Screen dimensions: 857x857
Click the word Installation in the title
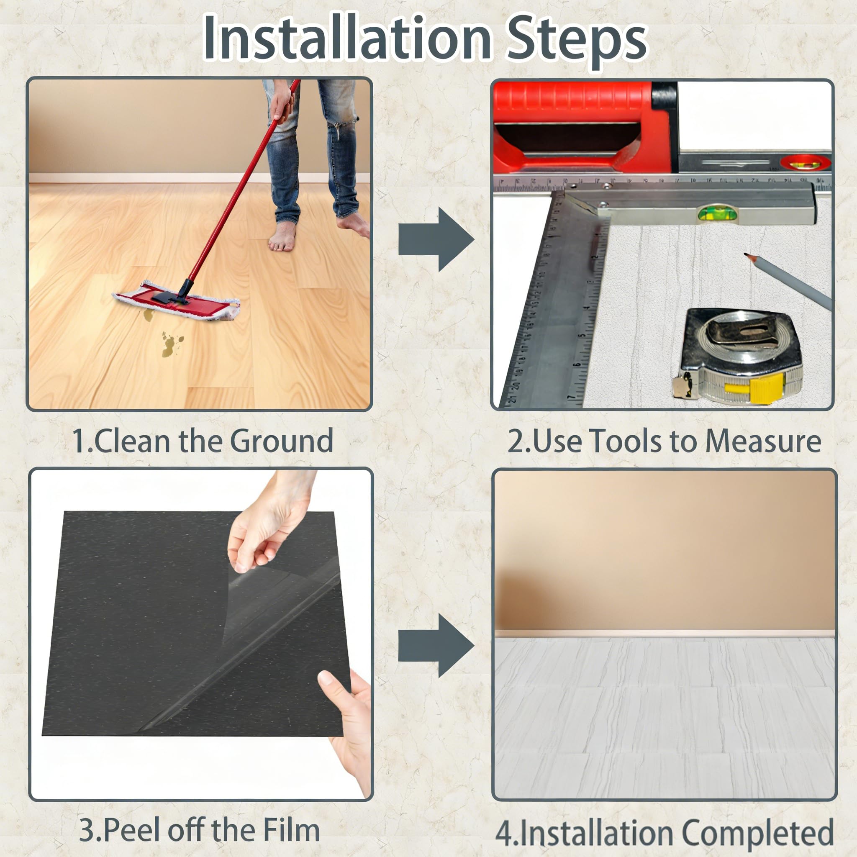[x=347, y=37]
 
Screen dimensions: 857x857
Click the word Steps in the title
[x=577, y=41]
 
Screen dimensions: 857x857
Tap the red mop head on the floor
[x=176, y=300]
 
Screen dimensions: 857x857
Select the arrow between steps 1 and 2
[x=436, y=239]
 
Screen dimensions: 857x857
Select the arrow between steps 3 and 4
[x=436, y=645]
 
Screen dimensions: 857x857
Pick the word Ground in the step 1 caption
[x=281, y=441]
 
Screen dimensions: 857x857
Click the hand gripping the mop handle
[x=282, y=104]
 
